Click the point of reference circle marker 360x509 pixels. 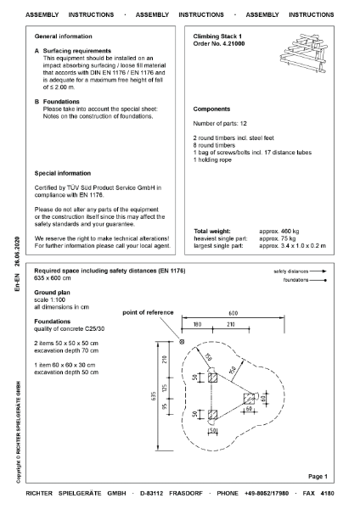182,342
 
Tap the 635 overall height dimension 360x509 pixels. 154,396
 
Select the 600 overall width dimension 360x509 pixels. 233,313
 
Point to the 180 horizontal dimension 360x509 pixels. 197,324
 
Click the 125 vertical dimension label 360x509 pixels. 165,389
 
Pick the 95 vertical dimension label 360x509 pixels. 165,406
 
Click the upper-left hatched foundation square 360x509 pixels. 212,378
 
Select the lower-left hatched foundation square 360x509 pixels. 212,415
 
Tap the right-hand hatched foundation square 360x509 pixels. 250,399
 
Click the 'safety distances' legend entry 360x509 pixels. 300,271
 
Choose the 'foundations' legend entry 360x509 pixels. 305,280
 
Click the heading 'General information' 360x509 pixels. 64,36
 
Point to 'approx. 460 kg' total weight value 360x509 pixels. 279,231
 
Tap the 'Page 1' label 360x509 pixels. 318,476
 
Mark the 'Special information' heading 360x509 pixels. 63,173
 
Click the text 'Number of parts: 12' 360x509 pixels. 220,123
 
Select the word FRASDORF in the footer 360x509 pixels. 186,493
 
